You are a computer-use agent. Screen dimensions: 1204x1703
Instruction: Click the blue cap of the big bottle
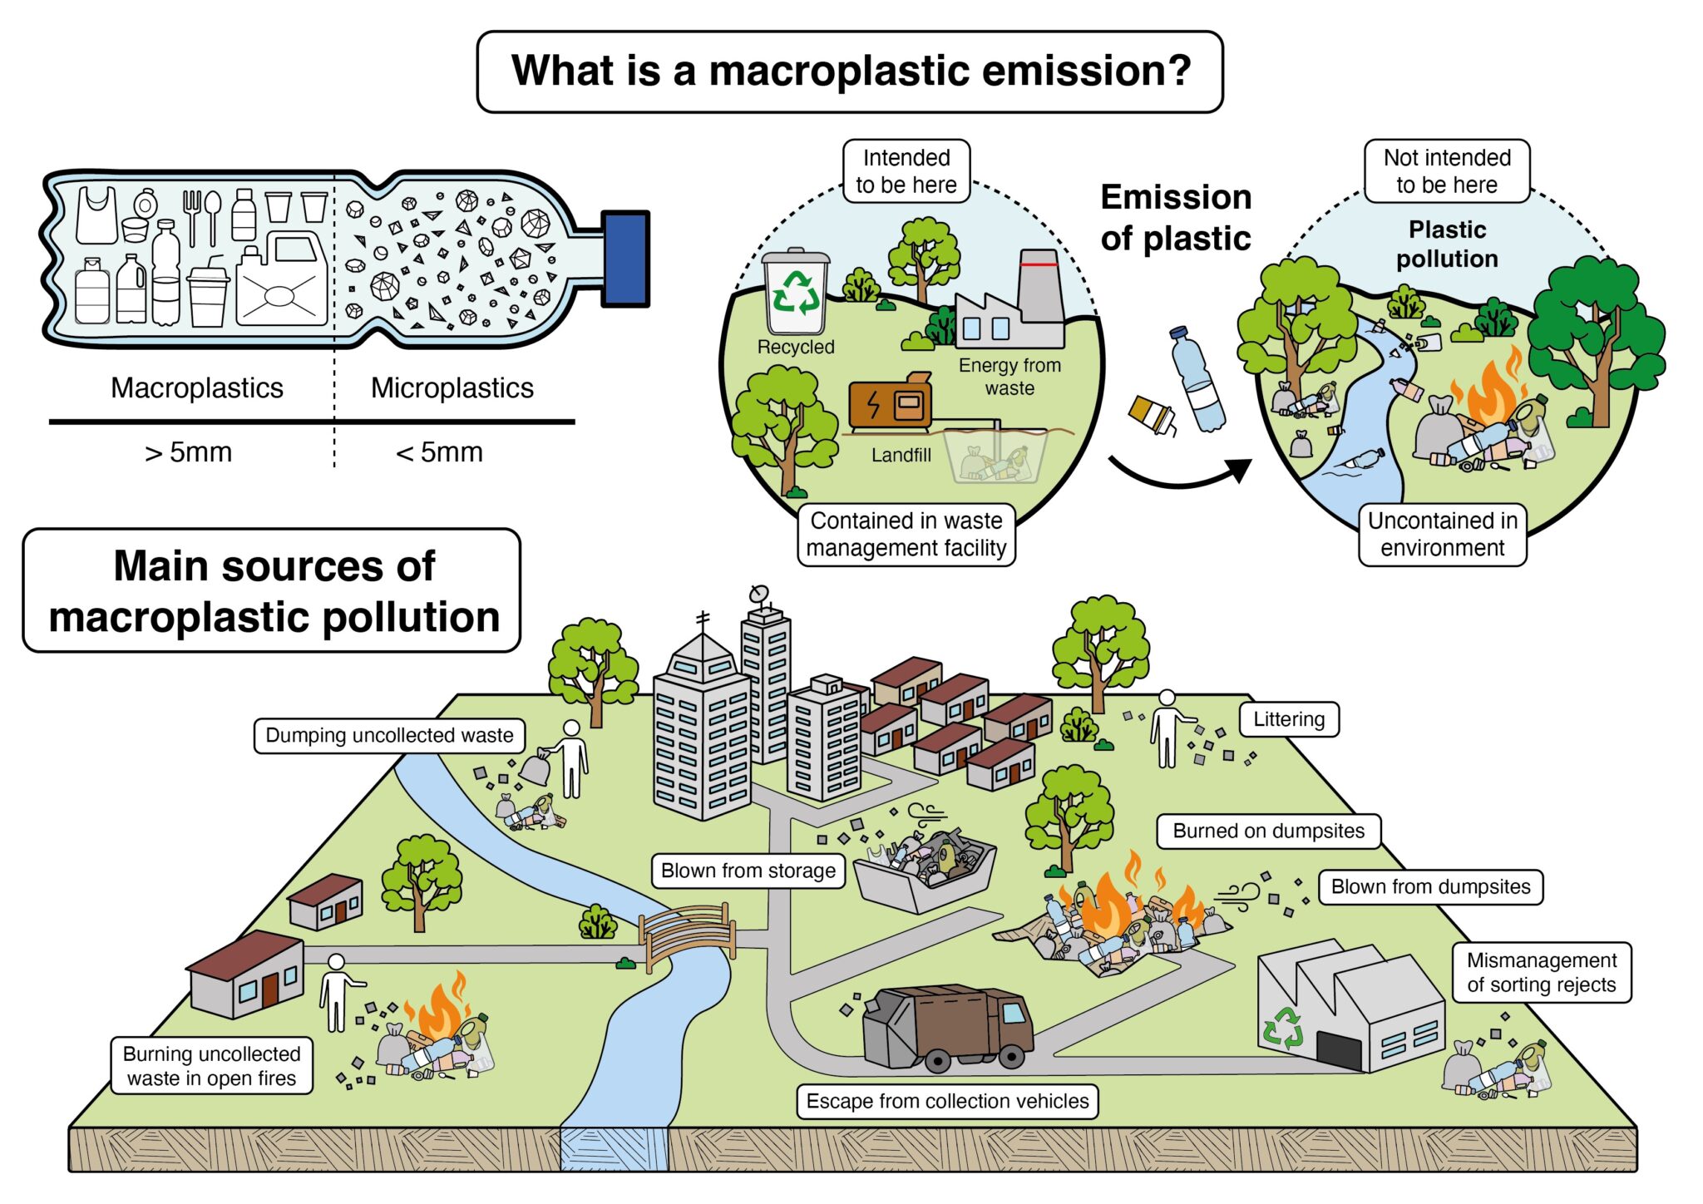pos(625,259)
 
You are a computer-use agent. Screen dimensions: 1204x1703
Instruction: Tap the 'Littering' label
pos(1288,719)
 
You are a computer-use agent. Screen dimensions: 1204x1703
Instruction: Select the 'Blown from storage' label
pos(748,871)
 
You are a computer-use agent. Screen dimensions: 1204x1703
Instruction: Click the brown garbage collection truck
pos(948,1028)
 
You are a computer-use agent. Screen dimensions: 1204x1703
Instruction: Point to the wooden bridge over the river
pos(688,935)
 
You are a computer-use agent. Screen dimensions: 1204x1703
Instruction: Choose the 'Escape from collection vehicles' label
pos(947,1101)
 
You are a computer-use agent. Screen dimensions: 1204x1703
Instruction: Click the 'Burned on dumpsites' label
pos(1268,831)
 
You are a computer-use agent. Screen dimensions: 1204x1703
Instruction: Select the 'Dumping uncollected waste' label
pos(389,736)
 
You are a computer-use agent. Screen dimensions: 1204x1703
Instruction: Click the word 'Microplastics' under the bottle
pos(452,388)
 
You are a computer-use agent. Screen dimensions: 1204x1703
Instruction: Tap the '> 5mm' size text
pos(189,452)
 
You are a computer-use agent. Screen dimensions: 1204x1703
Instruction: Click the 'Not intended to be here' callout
pos(1446,171)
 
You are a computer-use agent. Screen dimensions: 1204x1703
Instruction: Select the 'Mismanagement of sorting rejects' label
pos(1541,972)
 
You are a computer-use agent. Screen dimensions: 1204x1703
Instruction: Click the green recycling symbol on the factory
pos(1283,1028)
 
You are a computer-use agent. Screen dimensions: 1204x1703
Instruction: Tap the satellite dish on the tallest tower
pos(758,594)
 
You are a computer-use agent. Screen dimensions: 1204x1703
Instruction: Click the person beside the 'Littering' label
pos(1167,729)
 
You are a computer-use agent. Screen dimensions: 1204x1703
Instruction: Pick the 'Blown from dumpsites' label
pos(1429,886)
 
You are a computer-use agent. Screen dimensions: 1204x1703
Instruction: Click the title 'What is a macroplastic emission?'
pos(850,72)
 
